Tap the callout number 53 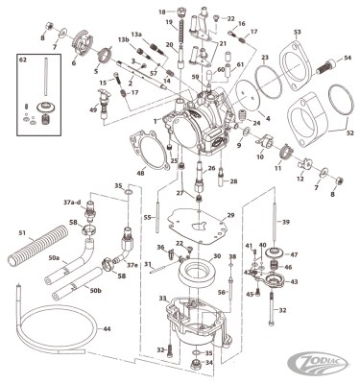click(297, 34)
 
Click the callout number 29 click(230, 216)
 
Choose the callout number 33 click(162, 299)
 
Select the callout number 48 click(139, 173)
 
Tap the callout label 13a click(135, 33)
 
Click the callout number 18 click(161, 12)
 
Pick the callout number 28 click(233, 180)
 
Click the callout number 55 click(147, 218)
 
